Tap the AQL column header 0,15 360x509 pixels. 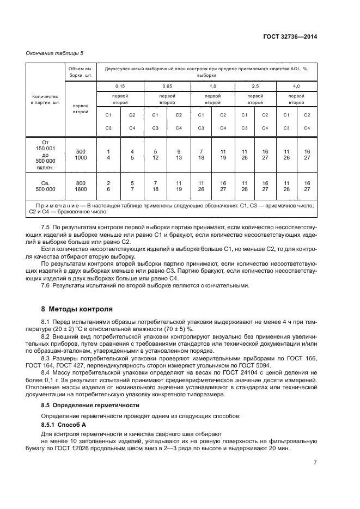120,87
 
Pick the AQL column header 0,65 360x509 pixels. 167,87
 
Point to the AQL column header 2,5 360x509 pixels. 255,87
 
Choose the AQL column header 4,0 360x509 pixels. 296,87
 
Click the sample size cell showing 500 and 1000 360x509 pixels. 81,154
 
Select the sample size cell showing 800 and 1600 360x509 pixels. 81,186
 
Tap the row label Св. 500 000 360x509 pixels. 46,186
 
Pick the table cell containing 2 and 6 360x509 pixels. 108,186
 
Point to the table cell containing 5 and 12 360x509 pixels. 155,154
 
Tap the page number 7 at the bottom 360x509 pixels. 315,463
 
